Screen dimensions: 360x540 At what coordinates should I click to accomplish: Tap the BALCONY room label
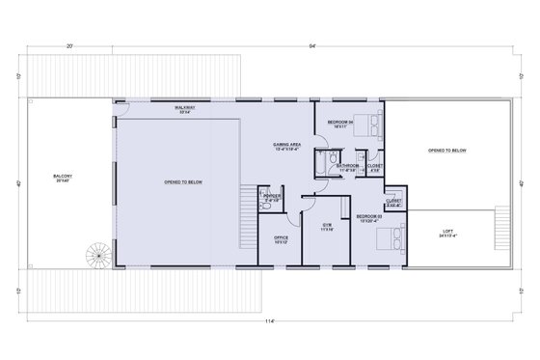point(65,178)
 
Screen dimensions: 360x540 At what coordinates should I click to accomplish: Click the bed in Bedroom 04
point(373,124)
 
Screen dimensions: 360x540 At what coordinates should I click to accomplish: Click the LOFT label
point(446,234)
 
